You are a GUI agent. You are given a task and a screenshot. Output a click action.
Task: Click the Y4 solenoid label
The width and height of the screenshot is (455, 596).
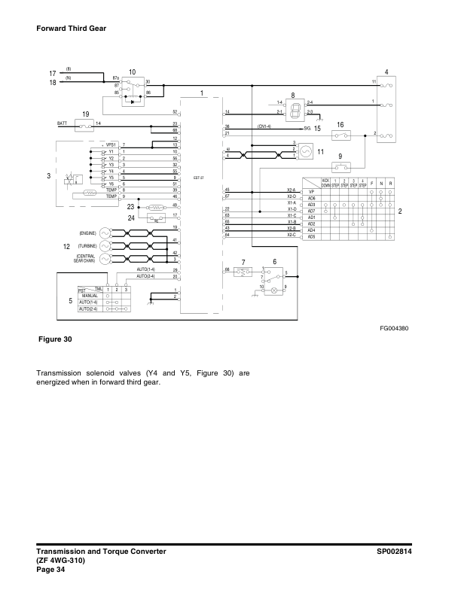(x=110, y=172)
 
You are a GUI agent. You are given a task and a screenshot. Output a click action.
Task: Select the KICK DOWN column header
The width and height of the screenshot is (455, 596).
(x=325, y=184)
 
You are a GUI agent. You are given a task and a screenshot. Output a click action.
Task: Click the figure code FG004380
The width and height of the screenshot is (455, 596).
(x=393, y=327)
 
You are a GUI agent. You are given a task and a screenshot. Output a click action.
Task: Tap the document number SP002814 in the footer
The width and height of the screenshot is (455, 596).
(x=399, y=552)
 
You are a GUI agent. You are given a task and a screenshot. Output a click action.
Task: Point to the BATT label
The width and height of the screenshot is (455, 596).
(x=63, y=122)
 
